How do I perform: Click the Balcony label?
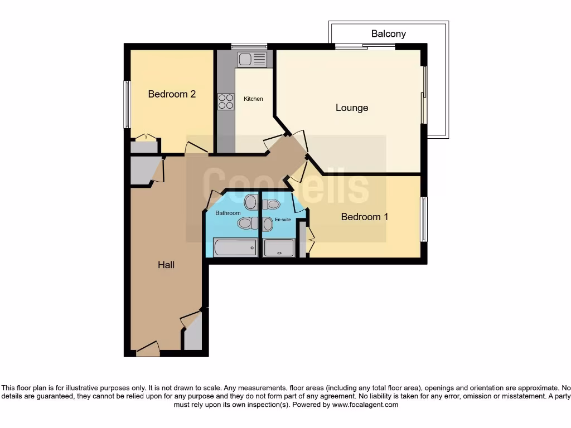tap(388, 34)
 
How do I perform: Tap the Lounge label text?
tap(352, 108)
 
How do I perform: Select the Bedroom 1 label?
tap(364, 217)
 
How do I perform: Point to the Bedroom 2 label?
tap(172, 94)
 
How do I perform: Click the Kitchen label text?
tap(253, 99)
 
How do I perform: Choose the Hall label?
tap(166, 265)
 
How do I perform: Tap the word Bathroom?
tap(228, 213)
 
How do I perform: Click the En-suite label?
tap(283, 220)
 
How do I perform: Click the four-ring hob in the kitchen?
tap(226, 101)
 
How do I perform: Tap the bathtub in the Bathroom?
tap(235, 247)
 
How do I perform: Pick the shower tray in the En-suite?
tap(279, 247)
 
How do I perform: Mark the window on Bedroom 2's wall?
tap(127, 104)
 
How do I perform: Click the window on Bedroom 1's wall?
tap(424, 219)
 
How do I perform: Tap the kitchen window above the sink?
tap(249, 46)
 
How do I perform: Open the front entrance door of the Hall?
tap(148, 350)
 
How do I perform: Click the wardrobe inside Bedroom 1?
tap(303, 239)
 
